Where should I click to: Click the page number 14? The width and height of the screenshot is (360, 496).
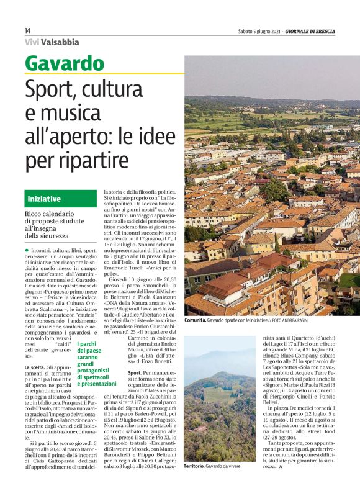pos(27,30)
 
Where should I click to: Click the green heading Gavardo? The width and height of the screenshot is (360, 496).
pos(65,63)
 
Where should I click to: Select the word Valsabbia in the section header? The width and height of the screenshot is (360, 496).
pos(60,42)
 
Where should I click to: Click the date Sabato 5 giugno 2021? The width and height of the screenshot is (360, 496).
pos(260,30)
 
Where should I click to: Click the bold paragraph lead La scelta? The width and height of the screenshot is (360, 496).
pos(35,367)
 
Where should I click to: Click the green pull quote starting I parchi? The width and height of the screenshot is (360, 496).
pos(97,364)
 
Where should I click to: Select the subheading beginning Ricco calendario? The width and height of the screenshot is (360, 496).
pos(53,225)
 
